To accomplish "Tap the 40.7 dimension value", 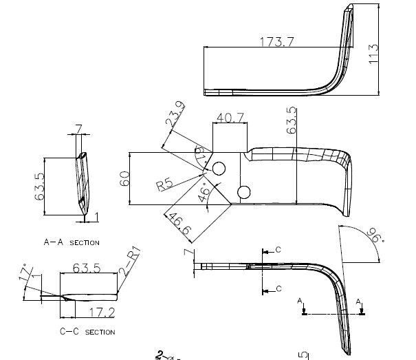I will tap(229, 118).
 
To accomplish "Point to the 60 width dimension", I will tap(124, 178).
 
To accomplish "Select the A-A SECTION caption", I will tap(72, 242).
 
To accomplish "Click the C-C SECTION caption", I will tap(87, 332).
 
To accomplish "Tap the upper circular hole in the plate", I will tap(220, 168).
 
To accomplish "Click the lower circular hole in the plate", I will tap(243, 191).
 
